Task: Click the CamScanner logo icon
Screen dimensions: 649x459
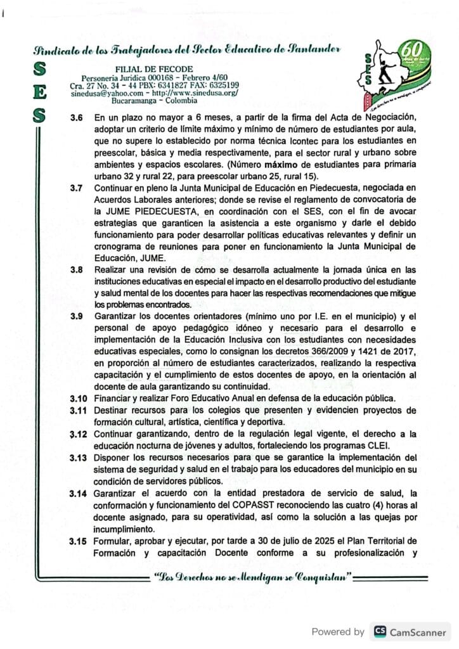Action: click(x=380, y=631)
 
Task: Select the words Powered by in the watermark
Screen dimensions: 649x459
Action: click(x=338, y=631)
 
